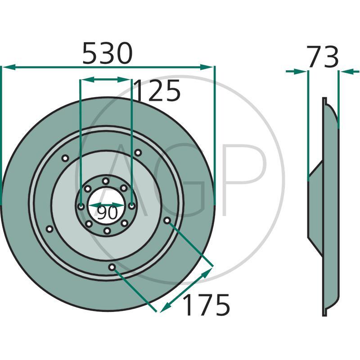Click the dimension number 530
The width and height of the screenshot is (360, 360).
pos(108,53)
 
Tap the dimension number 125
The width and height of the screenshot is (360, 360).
pos(157,90)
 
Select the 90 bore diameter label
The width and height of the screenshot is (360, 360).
pos(107,212)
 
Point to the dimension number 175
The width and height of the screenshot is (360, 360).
pos(207,305)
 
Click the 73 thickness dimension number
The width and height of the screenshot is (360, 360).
pos(323,57)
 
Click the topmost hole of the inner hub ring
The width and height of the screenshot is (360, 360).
pos(106,181)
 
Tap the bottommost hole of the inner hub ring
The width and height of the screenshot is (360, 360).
pos(107,231)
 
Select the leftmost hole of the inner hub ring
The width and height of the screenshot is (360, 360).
pos(81,207)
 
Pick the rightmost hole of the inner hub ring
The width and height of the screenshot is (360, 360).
pos(132,206)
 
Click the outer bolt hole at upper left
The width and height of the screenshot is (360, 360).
pos(65,158)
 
